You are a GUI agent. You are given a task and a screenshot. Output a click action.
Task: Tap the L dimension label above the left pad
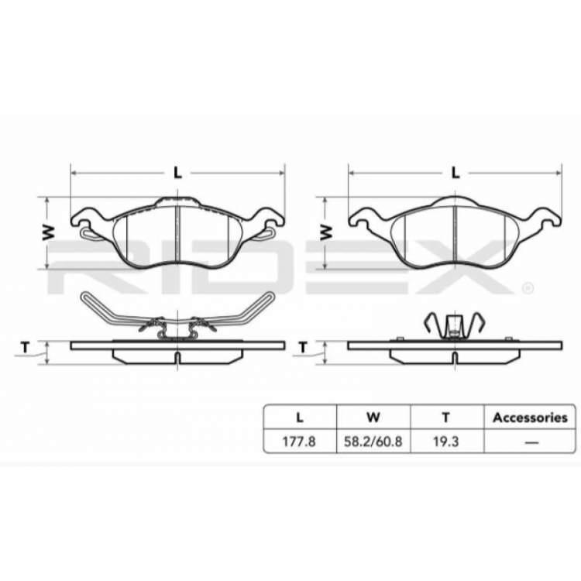[x=177, y=173]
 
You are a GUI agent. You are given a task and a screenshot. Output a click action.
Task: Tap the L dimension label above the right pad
[x=455, y=173]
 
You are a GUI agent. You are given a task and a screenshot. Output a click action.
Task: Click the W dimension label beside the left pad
[x=47, y=232]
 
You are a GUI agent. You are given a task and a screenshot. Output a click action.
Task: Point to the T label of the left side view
[x=26, y=347]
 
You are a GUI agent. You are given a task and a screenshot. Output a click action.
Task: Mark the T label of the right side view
[x=304, y=347]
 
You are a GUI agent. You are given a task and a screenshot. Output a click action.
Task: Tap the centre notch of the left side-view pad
[x=177, y=357]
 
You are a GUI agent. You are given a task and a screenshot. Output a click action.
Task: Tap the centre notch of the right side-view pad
[x=455, y=357]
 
